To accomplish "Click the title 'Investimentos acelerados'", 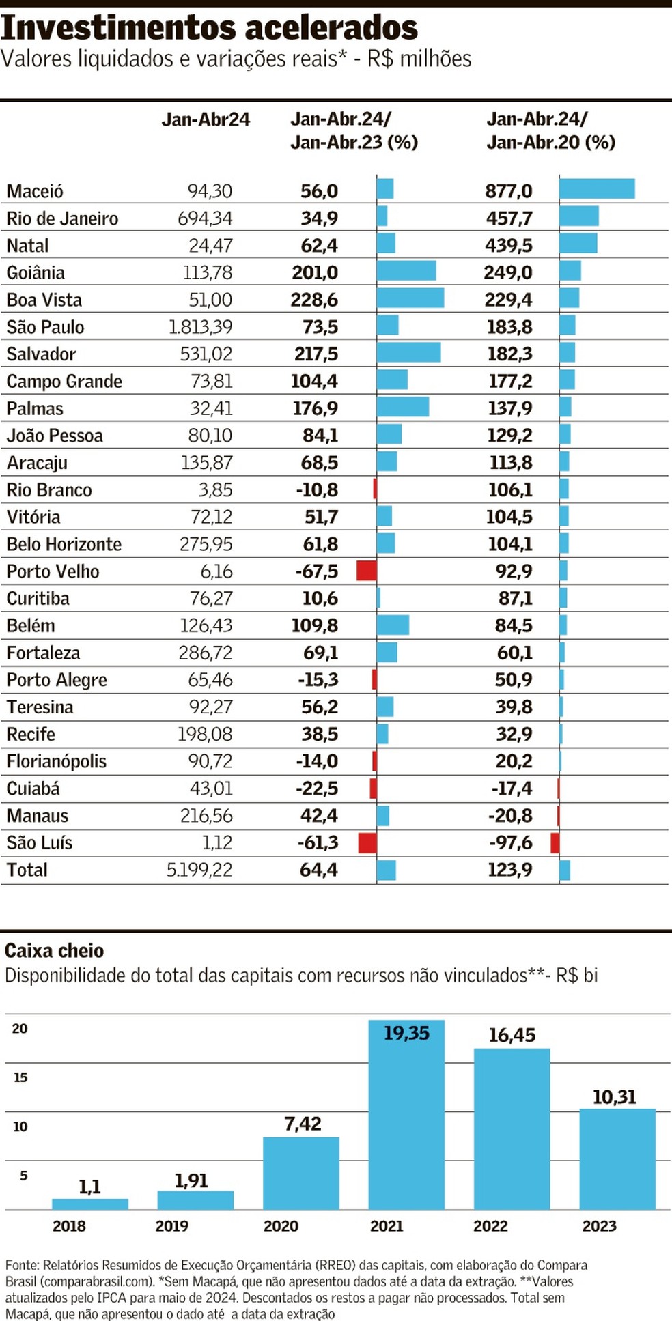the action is tap(209, 28).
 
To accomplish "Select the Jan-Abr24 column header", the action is tap(206, 119).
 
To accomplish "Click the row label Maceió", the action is tap(35, 191).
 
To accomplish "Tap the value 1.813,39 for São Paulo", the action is tap(201, 327).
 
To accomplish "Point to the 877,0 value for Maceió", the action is tap(509, 191).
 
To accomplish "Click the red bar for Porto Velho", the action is tap(367, 571).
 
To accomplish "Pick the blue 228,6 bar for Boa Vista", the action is tap(410, 298).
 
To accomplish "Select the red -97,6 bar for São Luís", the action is tap(555, 843).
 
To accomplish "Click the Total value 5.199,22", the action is tap(199, 870).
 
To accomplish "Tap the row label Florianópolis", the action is tap(57, 761).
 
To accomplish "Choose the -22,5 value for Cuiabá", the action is tap(317, 789).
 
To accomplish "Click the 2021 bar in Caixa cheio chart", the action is tap(406, 1115).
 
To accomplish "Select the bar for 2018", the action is tap(90, 1204).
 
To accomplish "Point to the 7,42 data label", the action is tap(303, 1124).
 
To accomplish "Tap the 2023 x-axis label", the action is tap(600, 1226).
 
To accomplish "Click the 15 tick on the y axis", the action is tap(20, 1078).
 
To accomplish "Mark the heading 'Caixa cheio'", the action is tap(54, 951).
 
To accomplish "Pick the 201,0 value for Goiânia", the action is tap(315, 272).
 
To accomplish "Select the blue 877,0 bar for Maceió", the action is tap(597, 189).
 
